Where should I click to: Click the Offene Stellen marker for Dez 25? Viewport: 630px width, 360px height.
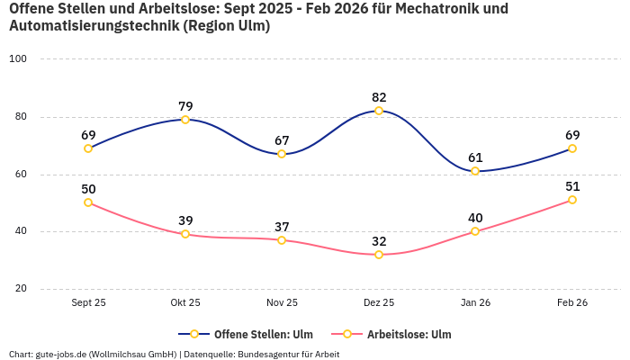[x=379, y=111]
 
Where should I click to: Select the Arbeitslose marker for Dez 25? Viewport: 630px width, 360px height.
[x=379, y=255]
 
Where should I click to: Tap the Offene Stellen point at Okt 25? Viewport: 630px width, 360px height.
[x=185, y=120]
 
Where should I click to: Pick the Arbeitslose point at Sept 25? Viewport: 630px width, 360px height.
[x=88, y=202]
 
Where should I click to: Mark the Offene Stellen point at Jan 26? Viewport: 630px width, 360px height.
[x=475, y=171]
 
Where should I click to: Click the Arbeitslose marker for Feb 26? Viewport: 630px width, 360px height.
[x=572, y=200]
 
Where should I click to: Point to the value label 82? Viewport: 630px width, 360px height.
[x=379, y=97]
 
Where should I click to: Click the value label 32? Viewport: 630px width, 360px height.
[x=379, y=241]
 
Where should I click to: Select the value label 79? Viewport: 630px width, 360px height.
[x=185, y=106]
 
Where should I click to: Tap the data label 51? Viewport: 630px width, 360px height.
[x=572, y=186]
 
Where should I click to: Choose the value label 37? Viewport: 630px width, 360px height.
[x=282, y=227]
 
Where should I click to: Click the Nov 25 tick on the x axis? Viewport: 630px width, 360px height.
[x=282, y=302]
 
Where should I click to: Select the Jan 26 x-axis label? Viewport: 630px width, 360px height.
[x=475, y=302]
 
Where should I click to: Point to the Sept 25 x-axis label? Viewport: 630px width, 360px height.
[x=88, y=302]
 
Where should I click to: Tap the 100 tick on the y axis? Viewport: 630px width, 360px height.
[x=18, y=58]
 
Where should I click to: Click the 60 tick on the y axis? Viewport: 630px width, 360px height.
[x=21, y=174]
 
